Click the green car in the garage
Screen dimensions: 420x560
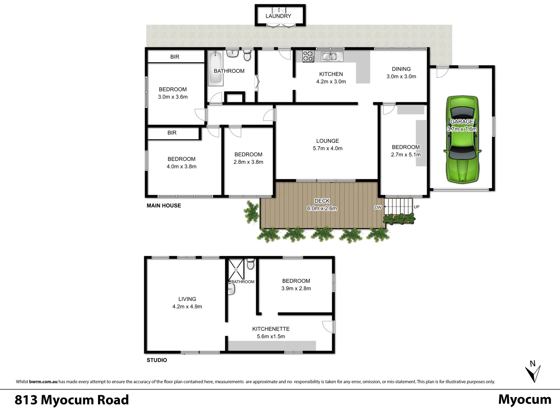pyautogui.click(x=462, y=140)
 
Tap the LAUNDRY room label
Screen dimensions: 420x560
pyautogui.click(x=278, y=16)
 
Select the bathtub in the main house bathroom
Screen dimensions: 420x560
pyautogui.click(x=215, y=68)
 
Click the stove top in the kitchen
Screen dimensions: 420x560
pyautogui.click(x=308, y=56)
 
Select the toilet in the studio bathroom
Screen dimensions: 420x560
pyautogui.click(x=250, y=264)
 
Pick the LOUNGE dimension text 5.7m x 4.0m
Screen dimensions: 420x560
pyautogui.click(x=327, y=148)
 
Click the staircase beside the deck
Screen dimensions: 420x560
pyautogui.click(x=398, y=206)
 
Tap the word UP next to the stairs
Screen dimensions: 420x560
pyautogui.click(x=416, y=207)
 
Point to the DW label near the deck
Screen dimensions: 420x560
pyautogui.click(x=378, y=207)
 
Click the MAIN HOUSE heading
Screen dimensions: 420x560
pyautogui.click(x=164, y=205)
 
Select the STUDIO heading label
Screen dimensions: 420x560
pyautogui.click(x=157, y=360)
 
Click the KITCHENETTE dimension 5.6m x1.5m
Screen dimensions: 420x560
pyautogui.click(x=271, y=336)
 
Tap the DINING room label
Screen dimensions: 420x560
pyautogui.click(x=401, y=69)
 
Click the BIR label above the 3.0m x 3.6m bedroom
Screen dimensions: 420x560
pyautogui.click(x=175, y=57)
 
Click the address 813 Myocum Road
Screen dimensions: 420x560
pyautogui.click(x=72, y=400)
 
